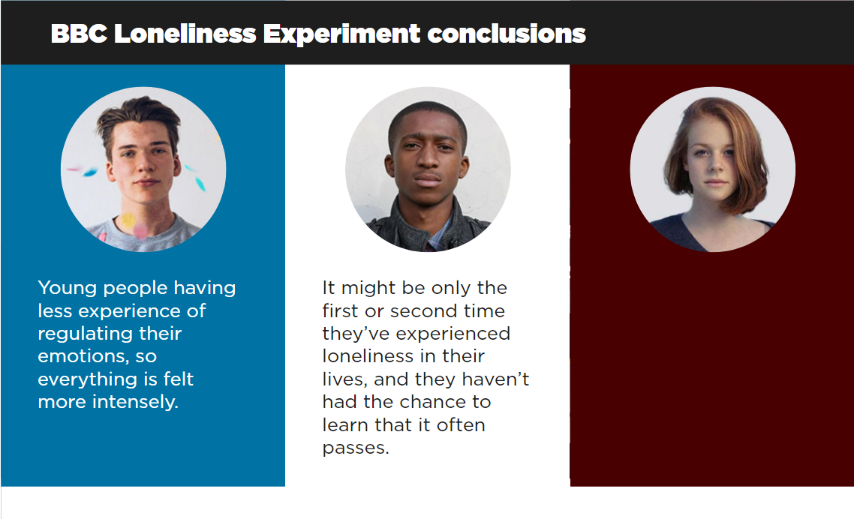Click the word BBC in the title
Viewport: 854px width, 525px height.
point(79,34)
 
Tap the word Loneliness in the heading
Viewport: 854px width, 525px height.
point(185,34)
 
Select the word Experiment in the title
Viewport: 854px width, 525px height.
point(342,34)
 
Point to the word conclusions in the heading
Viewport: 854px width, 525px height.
point(507,34)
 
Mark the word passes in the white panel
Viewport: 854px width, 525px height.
point(356,448)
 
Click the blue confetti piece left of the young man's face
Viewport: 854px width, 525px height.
point(89,172)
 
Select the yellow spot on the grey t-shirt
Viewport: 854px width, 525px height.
point(128,220)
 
